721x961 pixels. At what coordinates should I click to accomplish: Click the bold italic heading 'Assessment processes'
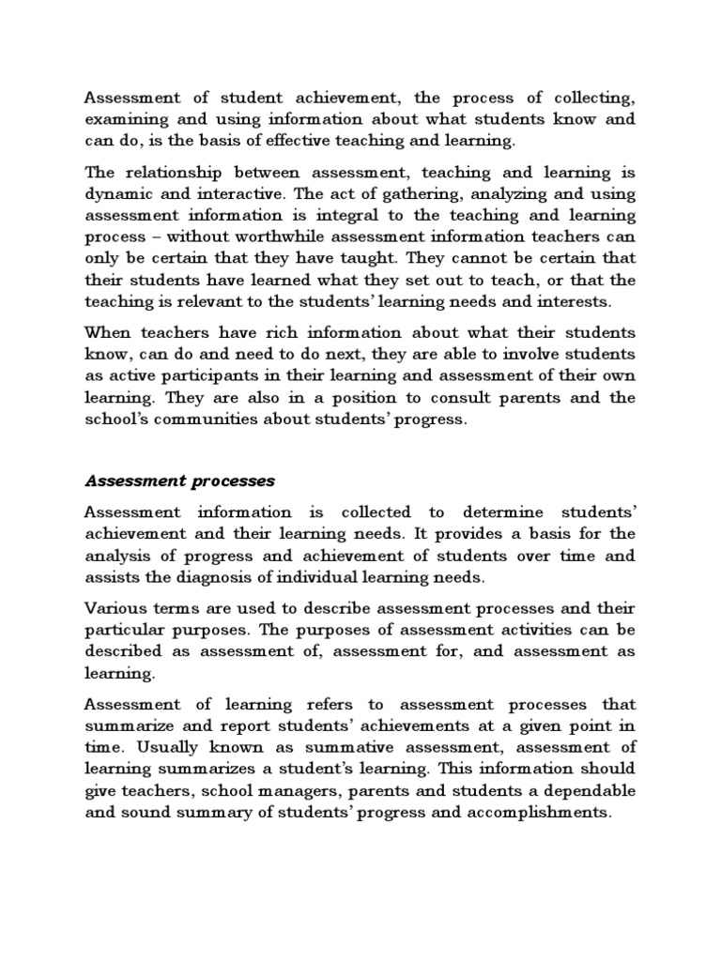(x=180, y=481)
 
